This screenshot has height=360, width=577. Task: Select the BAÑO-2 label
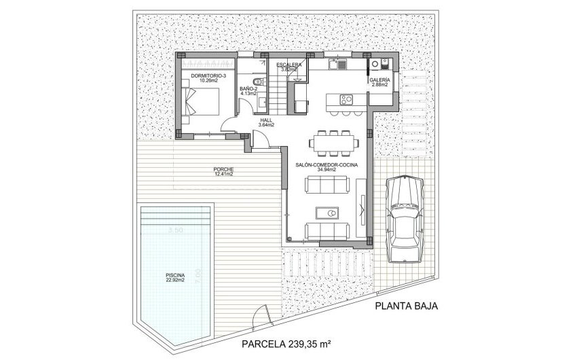click(x=248, y=89)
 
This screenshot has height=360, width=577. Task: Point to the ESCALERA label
click(x=289, y=65)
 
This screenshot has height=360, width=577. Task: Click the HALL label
click(x=266, y=120)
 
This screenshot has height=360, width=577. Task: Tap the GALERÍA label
click(x=379, y=80)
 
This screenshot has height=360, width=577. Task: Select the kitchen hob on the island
click(x=346, y=99)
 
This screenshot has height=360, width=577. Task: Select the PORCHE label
click(x=223, y=169)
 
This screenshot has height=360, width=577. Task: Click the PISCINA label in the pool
click(x=174, y=275)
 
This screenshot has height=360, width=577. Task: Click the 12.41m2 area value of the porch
click(x=223, y=175)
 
